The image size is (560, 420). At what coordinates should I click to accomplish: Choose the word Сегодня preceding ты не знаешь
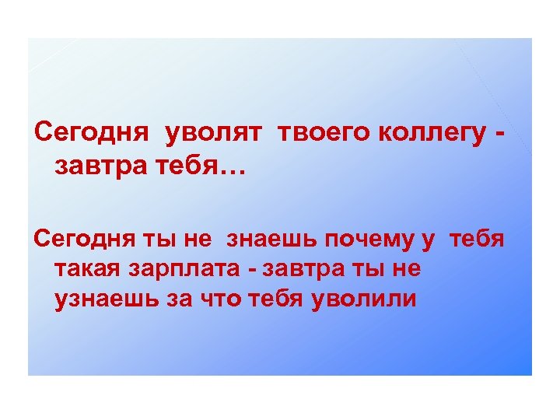click(86, 240)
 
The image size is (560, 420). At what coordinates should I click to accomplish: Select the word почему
click(367, 240)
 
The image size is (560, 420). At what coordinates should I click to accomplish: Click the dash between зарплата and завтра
click(251, 269)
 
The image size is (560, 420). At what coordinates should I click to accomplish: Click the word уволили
click(364, 298)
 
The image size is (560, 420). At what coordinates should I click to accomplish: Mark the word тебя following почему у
click(477, 240)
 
